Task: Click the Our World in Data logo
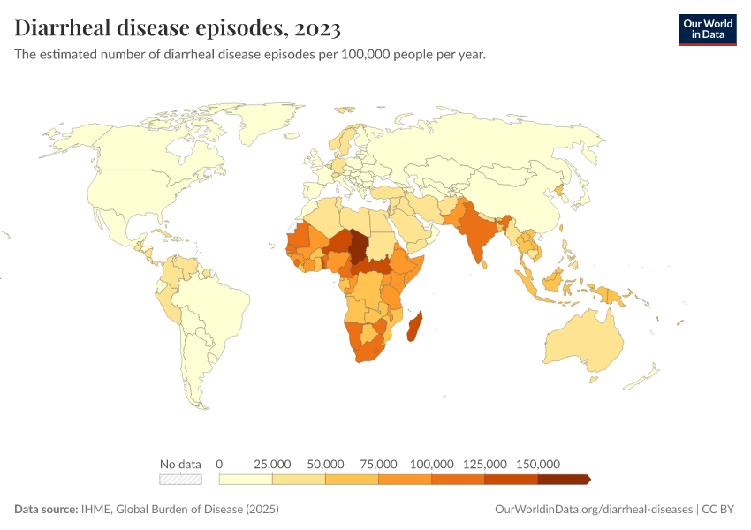pyautogui.click(x=707, y=28)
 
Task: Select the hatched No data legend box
pyautogui.click(x=180, y=479)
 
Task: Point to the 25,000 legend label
pyautogui.click(x=272, y=464)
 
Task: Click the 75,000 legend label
pyautogui.click(x=378, y=464)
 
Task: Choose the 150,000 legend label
pyautogui.click(x=537, y=464)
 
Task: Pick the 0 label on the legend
pyautogui.click(x=219, y=464)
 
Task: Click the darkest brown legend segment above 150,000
pyautogui.click(x=563, y=479)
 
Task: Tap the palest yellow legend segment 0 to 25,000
pyautogui.click(x=246, y=479)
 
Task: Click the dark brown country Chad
pyautogui.click(x=360, y=246)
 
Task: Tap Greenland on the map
pyautogui.click(x=265, y=124)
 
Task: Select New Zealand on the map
pyautogui.click(x=643, y=377)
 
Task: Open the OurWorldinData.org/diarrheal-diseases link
pyautogui.click(x=595, y=510)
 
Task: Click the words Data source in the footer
pyautogui.click(x=46, y=510)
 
